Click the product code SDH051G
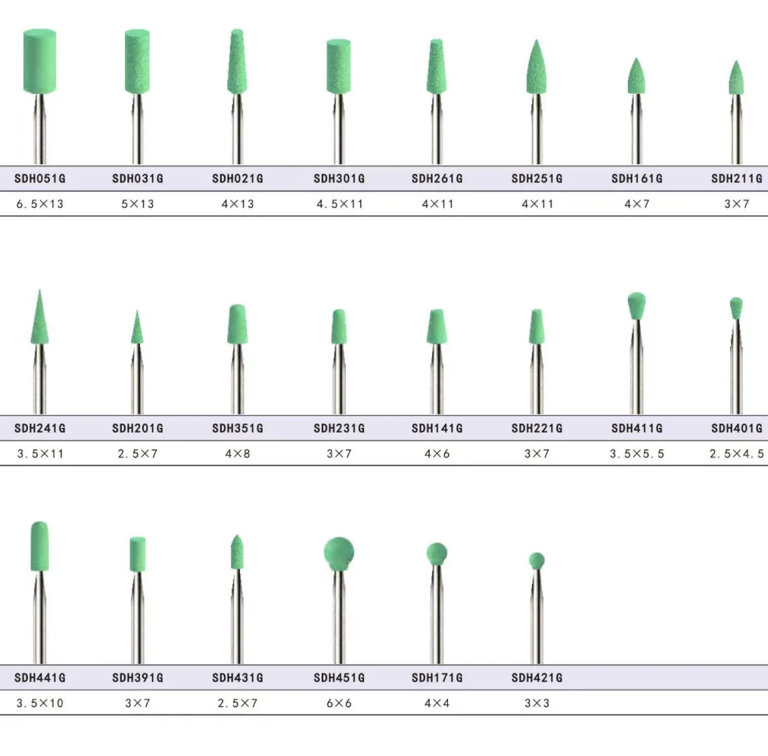(x=39, y=178)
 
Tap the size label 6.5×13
(x=39, y=204)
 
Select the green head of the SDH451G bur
(x=339, y=553)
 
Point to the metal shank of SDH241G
(x=39, y=379)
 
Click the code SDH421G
(x=536, y=677)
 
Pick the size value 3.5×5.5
(x=637, y=454)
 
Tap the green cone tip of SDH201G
(x=137, y=327)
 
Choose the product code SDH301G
(x=339, y=178)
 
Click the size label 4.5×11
(x=340, y=204)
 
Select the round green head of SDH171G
(x=437, y=554)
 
